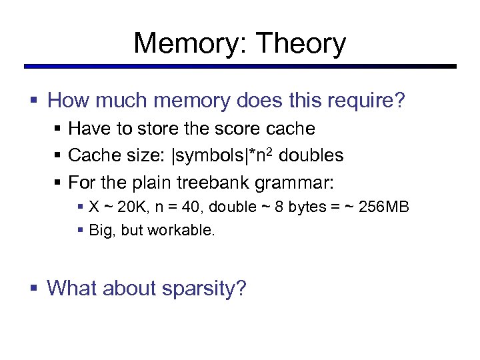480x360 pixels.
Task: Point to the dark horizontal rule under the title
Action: (x=240, y=67)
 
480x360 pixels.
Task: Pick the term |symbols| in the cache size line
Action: (x=210, y=155)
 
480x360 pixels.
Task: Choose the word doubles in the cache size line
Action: (x=311, y=155)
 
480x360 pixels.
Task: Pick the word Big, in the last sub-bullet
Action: (x=101, y=231)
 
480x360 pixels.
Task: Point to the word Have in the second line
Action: (x=85, y=127)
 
